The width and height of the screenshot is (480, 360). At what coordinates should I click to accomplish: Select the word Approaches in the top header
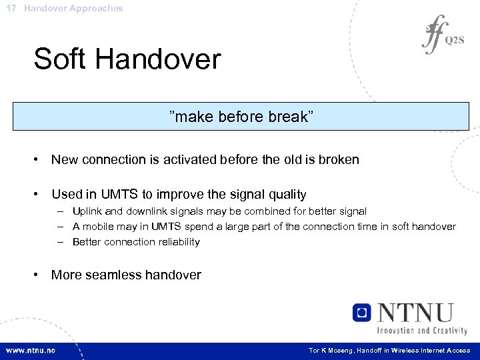tap(97, 9)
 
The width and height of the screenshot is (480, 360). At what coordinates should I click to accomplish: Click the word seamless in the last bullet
tap(113, 275)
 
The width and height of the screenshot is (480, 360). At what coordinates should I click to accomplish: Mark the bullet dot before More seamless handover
tap(39, 275)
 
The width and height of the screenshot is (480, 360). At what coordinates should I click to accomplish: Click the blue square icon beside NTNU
tap(362, 313)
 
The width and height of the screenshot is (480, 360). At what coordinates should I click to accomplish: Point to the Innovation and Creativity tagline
tap(422, 330)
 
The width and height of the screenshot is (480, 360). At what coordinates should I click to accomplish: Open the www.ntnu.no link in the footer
tap(31, 350)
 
